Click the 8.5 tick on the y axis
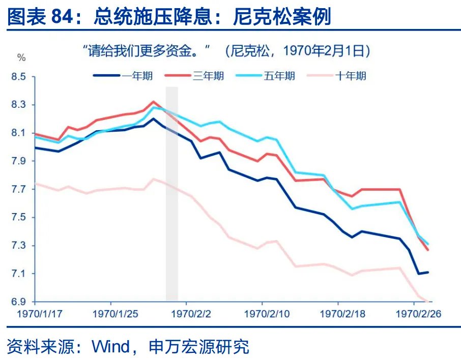click(x=18, y=77)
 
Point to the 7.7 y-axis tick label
click(x=18, y=190)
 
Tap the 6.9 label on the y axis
click(x=18, y=302)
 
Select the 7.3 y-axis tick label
click(x=18, y=246)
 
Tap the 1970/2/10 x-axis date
click(x=263, y=314)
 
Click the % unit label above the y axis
click(x=21, y=57)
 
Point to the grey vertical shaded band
click(x=172, y=193)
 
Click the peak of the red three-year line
click(x=153, y=102)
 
